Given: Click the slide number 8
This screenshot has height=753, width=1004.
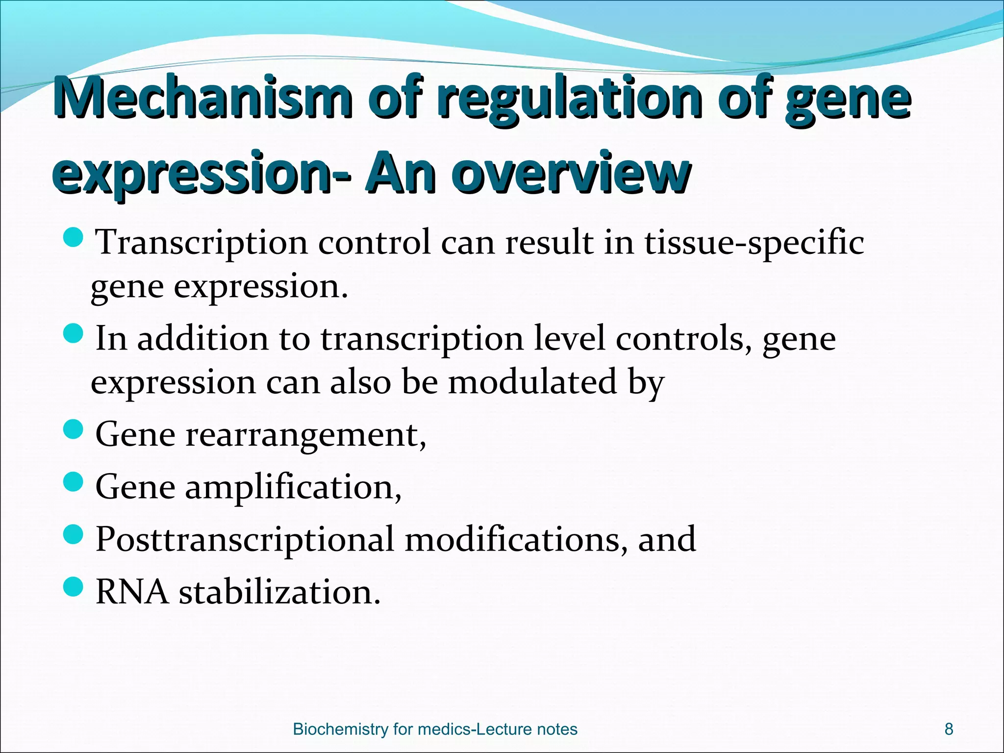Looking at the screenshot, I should click(949, 729).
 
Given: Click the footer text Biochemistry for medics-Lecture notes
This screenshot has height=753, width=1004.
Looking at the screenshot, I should click(435, 729).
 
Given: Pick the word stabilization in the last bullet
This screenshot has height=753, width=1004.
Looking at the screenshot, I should click(279, 592).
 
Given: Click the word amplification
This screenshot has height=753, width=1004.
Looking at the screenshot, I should click(293, 488).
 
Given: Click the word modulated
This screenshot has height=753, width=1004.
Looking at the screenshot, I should click(532, 382).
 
